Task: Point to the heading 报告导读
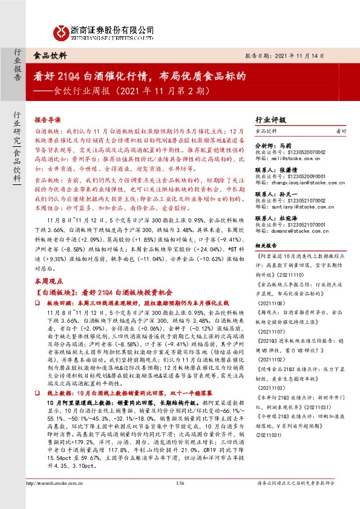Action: coord(49,120)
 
